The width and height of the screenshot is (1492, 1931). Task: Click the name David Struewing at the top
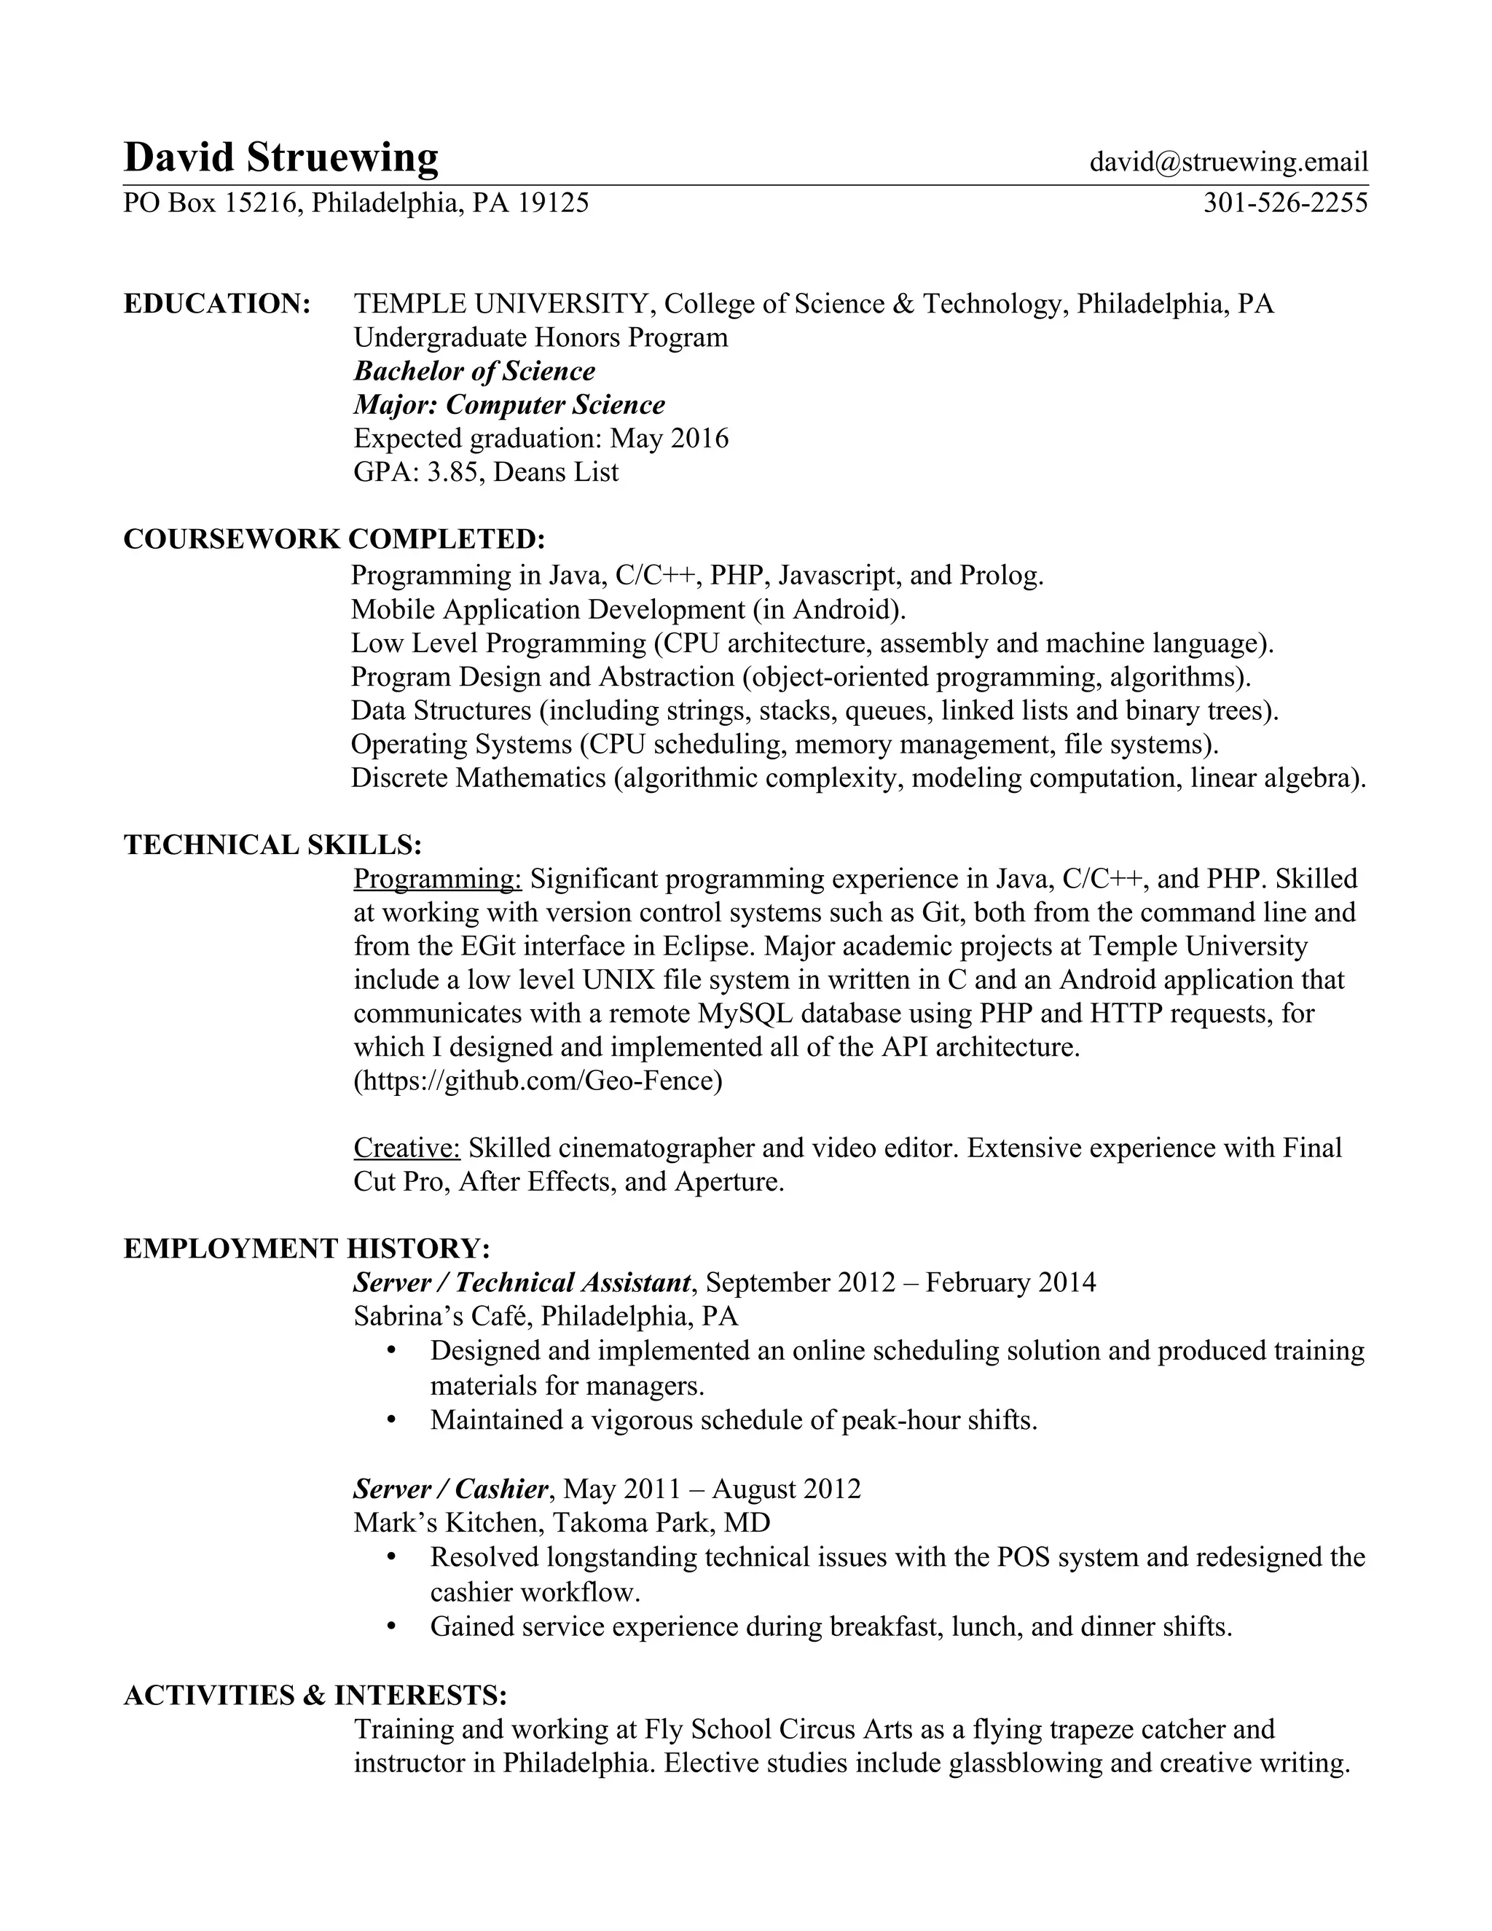click(280, 158)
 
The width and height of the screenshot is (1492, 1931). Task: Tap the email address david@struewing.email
click(1228, 162)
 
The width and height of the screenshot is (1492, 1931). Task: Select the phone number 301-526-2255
click(1284, 203)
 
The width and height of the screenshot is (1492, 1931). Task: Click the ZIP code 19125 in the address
click(554, 203)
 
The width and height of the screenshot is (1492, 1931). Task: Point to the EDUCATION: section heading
click(216, 304)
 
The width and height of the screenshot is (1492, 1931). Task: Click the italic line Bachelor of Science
click(475, 372)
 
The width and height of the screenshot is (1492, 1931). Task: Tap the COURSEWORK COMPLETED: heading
click(334, 539)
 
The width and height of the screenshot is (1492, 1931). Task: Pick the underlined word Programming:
click(439, 879)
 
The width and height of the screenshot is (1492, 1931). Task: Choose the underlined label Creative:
click(407, 1148)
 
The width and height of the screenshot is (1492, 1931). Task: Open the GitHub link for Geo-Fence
click(538, 1081)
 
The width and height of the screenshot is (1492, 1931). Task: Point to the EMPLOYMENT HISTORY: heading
click(307, 1248)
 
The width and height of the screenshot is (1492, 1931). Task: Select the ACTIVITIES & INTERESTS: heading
click(315, 1695)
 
